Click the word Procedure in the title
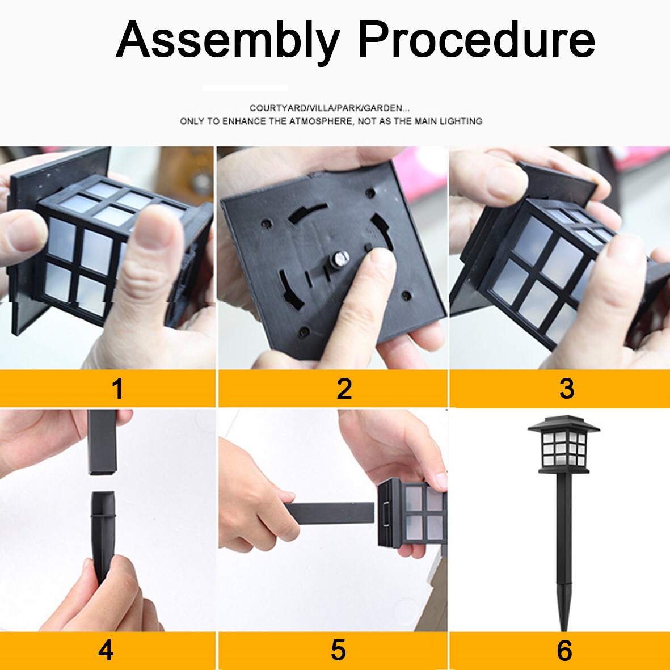pos(477,39)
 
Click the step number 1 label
pos(117,389)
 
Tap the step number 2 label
pos(344,389)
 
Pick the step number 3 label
pos(567,389)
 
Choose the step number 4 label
pos(106,650)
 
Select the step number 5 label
pos(338,650)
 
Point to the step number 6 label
pos(564,650)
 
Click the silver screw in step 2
pos(340,259)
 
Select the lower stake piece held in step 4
pos(103,536)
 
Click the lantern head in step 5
pos(413,513)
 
